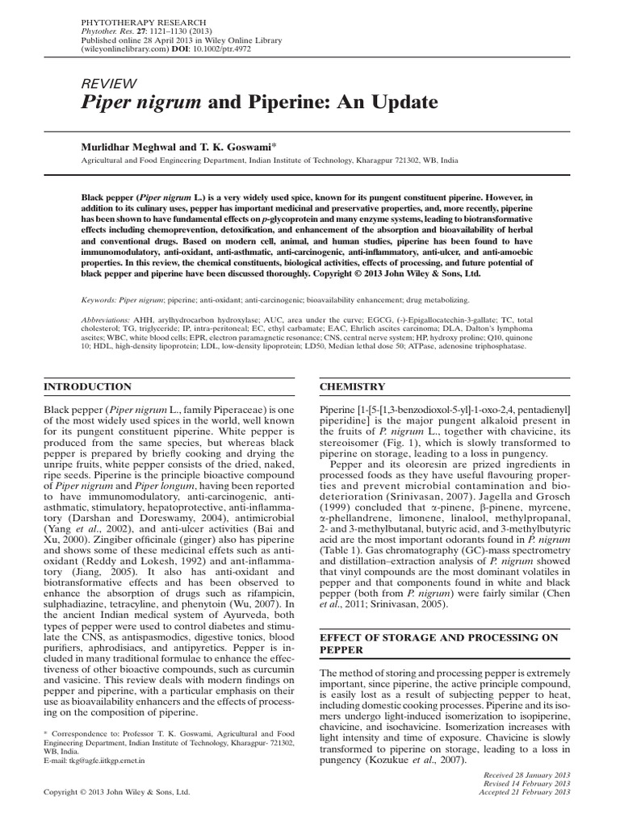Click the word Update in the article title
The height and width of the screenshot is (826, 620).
pyautogui.click(x=392, y=103)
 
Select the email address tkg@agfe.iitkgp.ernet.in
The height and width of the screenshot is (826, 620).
pyautogui.click(x=99, y=761)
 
